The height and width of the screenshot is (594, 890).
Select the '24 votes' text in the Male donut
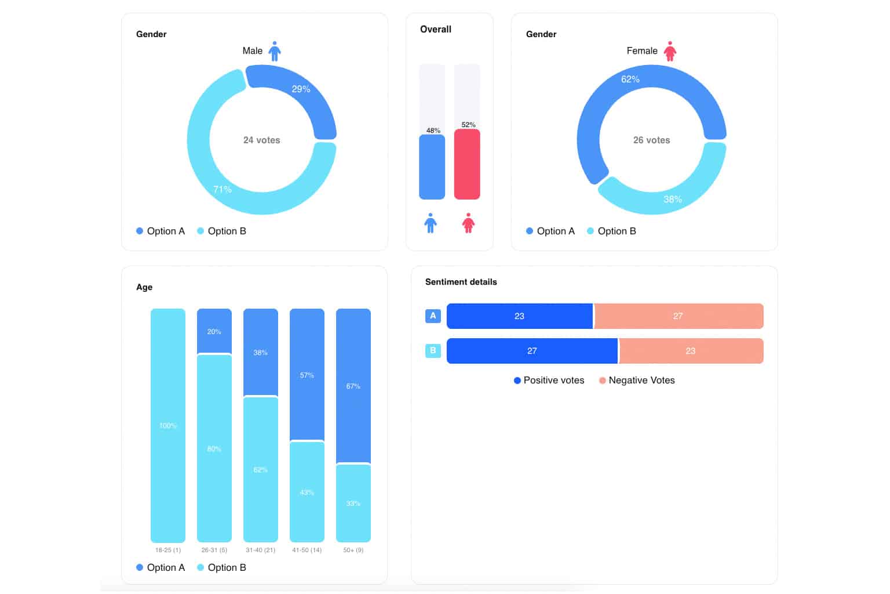(x=261, y=140)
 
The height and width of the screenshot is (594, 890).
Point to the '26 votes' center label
(x=651, y=140)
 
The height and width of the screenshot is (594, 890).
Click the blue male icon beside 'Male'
(x=275, y=51)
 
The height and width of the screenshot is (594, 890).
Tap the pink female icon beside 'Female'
(x=670, y=51)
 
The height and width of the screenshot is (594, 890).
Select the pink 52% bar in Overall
(x=467, y=164)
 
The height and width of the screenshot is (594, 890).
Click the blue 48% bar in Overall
(x=432, y=167)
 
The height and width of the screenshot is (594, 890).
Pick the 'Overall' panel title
(x=435, y=29)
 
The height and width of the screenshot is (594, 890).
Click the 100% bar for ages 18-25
(x=168, y=425)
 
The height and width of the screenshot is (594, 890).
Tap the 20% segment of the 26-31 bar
(x=214, y=331)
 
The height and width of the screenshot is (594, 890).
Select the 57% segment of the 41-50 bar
(x=307, y=375)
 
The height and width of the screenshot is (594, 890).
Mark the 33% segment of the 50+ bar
(x=353, y=503)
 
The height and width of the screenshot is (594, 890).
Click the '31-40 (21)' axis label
(x=261, y=550)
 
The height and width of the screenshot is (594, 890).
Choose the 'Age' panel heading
(x=144, y=287)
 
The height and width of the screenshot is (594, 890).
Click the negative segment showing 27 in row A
(x=678, y=316)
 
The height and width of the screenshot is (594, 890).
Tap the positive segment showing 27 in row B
(x=532, y=351)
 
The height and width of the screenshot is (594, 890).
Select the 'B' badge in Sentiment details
(x=433, y=350)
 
